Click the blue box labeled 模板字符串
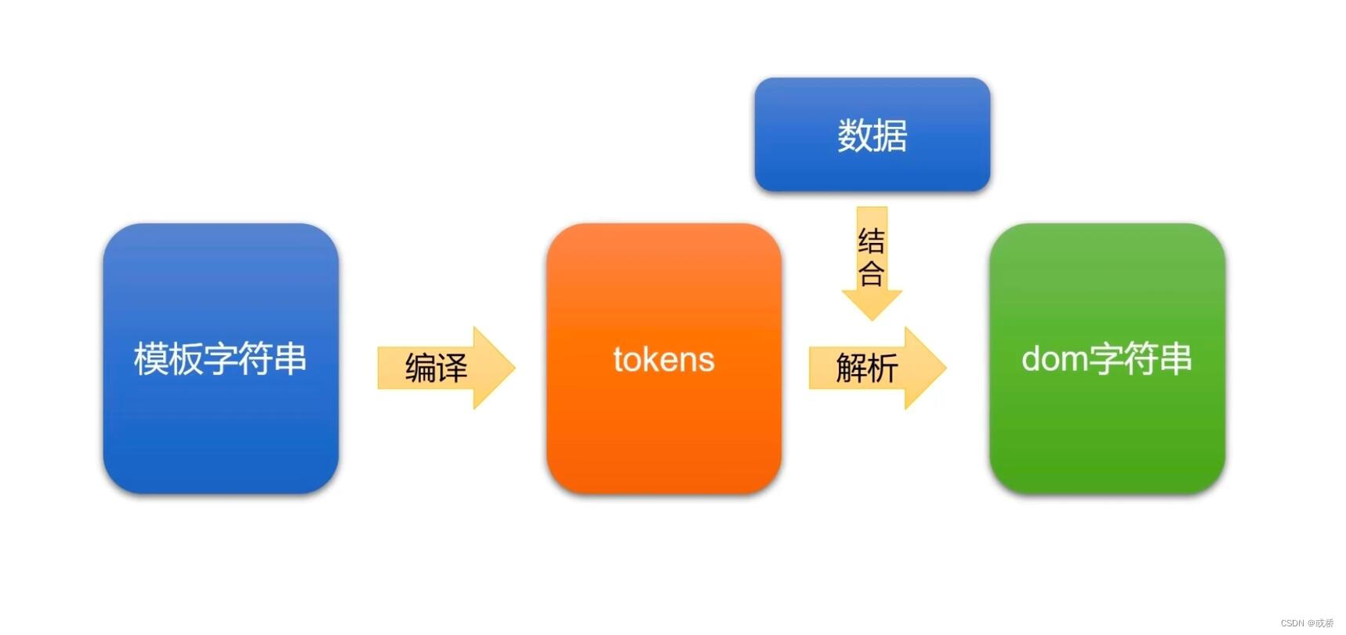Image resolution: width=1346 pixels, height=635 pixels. pos(220,439)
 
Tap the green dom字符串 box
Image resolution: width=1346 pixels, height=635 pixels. pos(1106,439)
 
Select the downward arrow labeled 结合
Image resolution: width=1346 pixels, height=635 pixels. pos(872,303)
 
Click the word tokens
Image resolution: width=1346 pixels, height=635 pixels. pos(663,360)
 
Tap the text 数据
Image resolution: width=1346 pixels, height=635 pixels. pos(872,136)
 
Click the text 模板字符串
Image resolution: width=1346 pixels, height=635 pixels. pos(220,359)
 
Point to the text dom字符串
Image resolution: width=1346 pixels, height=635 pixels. pos(1106,359)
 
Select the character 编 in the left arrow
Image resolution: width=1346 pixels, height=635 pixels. pos(420,368)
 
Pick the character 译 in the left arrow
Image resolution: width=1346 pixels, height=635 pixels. pos(452,368)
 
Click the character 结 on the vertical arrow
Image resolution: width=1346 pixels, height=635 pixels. pos(872,241)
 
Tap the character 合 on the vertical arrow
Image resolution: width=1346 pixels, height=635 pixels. pos(872,274)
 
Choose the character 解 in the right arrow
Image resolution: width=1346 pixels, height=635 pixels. pos(851,368)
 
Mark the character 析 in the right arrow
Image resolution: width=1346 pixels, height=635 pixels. pos(883,368)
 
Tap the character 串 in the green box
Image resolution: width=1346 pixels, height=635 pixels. pos(1175,359)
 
